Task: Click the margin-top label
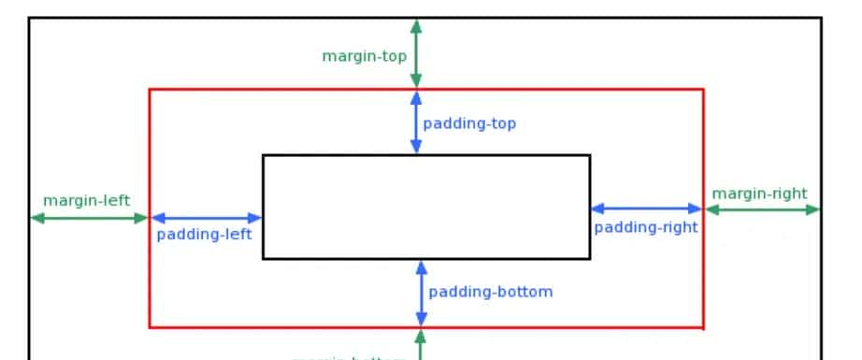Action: [x=364, y=55]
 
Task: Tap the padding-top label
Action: [x=469, y=123]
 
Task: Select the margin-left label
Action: [x=86, y=200]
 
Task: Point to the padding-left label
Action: [x=204, y=234]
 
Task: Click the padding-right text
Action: [x=646, y=226]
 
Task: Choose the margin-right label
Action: [x=759, y=194]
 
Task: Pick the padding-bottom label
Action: [x=491, y=292]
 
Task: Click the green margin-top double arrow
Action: [x=416, y=53]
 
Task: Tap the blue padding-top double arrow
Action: [x=416, y=122]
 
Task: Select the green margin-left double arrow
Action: [x=90, y=218]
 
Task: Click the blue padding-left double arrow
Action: [x=207, y=218]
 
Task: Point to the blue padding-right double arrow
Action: [x=646, y=209]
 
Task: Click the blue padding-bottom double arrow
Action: [x=422, y=293]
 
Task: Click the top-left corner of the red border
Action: [x=150, y=90]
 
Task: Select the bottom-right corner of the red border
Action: [x=703, y=327]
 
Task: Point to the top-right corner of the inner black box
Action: [x=590, y=155]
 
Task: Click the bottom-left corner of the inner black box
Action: [x=264, y=258]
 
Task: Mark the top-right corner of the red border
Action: [x=703, y=90]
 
